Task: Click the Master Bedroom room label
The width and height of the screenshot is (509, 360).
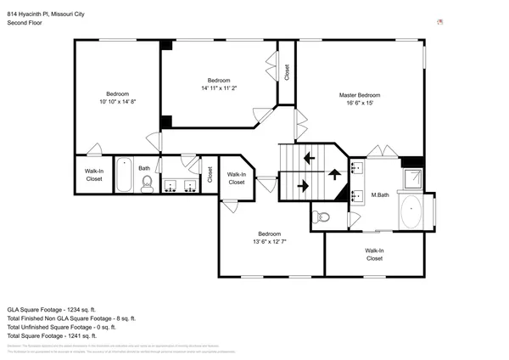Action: coord(360,94)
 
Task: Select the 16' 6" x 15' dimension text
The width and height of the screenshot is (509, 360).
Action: coord(360,104)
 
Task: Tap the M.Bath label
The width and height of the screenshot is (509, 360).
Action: coord(379,196)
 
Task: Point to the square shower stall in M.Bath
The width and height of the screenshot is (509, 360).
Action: coord(412,178)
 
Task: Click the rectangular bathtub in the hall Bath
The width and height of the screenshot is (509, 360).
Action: coord(124,176)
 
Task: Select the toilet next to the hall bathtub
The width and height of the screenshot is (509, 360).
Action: coord(147,184)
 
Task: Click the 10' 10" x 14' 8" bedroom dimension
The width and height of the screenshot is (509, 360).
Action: coord(117,102)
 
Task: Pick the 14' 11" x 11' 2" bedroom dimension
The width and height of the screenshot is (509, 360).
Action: coord(219,87)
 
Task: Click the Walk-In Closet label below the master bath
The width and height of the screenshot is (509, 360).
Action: coord(374,254)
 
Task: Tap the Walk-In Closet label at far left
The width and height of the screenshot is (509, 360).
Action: coord(93,175)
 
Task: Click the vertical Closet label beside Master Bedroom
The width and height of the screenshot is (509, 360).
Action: coord(287,72)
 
